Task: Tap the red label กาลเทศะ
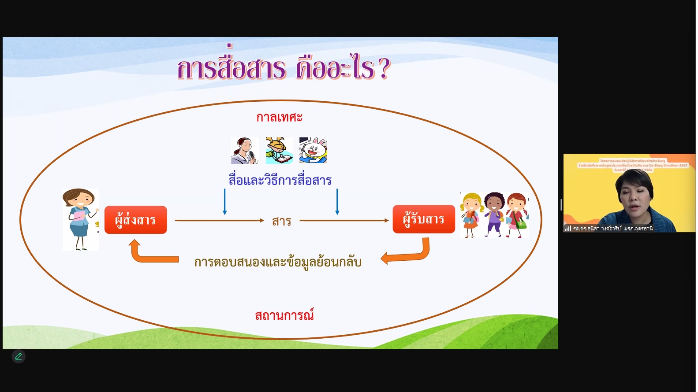coord(279,117)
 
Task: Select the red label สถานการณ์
coord(284,315)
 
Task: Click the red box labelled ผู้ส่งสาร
coord(136,220)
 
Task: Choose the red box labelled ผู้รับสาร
coord(423,219)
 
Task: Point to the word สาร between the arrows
coord(281,221)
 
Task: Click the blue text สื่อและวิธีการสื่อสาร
coord(280,180)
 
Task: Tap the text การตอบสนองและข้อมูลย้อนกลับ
coord(278,262)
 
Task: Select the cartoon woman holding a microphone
coord(244,151)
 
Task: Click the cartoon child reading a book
coord(279,151)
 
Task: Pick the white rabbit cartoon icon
coord(313,150)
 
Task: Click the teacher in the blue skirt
coord(80,219)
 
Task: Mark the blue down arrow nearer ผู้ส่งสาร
coord(225,202)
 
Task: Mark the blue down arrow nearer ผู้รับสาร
coord(337,202)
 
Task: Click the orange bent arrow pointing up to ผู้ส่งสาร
coord(150,253)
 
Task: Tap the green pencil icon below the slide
coord(19,356)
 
